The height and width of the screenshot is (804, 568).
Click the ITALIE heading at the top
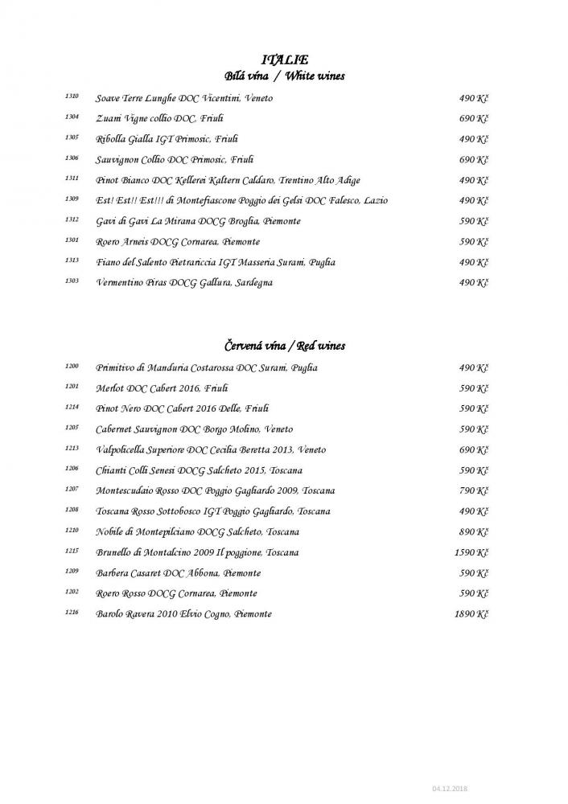point(285,59)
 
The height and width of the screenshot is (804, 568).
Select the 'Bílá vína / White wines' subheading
point(284,76)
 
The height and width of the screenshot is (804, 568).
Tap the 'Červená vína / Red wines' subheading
point(284,346)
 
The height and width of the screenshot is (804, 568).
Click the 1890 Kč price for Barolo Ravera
point(472,613)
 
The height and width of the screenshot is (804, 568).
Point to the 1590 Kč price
point(472,552)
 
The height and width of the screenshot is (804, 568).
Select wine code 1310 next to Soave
point(72,96)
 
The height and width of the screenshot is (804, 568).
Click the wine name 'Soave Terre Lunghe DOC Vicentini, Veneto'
point(183,98)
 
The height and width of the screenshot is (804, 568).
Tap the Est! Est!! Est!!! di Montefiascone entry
point(241,200)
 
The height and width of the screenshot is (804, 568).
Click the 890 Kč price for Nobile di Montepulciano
point(475,531)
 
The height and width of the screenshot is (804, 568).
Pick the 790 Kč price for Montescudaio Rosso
point(475,490)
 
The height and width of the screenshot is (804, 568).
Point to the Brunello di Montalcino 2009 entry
point(197,552)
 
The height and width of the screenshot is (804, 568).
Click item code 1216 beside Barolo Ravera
point(72,613)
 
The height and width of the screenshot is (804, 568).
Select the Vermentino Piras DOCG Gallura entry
point(183,282)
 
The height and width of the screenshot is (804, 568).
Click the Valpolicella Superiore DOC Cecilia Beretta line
point(211,449)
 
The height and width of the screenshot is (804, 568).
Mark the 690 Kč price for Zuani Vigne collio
point(475,118)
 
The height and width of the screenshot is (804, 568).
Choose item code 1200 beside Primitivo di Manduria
point(72,367)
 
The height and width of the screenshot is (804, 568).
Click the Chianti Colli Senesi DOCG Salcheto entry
point(199,470)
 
